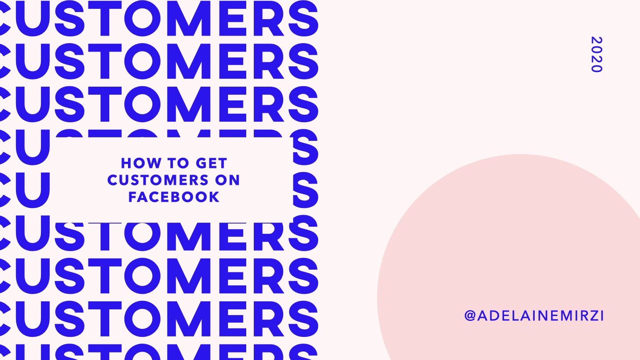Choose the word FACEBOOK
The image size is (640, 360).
click(x=174, y=197)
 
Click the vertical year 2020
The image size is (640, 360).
click(x=596, y=54)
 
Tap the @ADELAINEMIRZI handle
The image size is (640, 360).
click(x=534, y=316)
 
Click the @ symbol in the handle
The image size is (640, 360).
click(x=470, y=316)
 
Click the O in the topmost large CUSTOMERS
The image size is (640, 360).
click(x=142, y=18)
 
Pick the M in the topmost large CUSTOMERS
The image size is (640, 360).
click(x=188, y=18)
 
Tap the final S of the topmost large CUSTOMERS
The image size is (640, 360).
click(x=303, y=18)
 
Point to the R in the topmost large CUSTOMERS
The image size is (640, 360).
click(x=268, y=18)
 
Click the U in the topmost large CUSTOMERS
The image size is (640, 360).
click(x=33, y=19)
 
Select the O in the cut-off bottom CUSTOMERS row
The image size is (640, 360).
click(x=142, y=352)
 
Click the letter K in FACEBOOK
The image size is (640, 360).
click(x=215, y=197)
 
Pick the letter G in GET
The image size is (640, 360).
click(x=201, y=163)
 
